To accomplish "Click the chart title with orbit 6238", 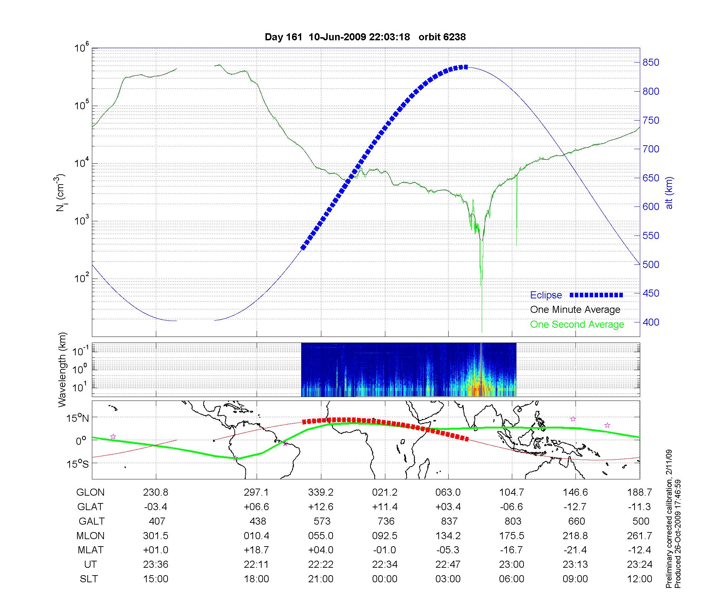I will click(365, 37).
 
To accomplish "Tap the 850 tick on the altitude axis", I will click(651, 63).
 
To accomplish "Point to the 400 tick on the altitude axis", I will click(651, 322).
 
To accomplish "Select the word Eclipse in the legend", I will click(546, 295).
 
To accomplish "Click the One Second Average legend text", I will click(577, 325).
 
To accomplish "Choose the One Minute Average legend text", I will click(575, 310).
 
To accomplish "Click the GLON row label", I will click(90, 492).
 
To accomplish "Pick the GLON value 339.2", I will click(321, 492).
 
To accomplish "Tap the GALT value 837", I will click(449, 521).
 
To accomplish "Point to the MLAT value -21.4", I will click(575, 550).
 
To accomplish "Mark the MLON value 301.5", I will click(156, 536).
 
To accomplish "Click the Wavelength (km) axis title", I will click(63, 369).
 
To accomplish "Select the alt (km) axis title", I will click(669, 193).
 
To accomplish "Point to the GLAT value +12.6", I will click(321, 507).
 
